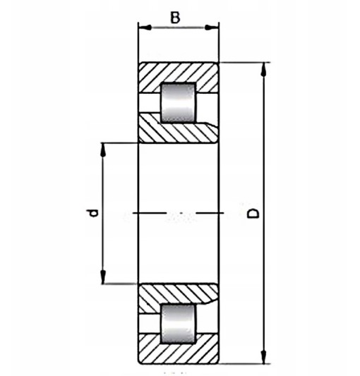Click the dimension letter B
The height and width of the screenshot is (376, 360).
click(x=175, y=18)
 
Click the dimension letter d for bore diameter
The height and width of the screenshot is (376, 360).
click(x=92, y=213)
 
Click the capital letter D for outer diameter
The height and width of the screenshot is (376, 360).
click(x=253, y=213)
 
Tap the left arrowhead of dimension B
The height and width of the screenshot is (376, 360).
click(x=145, y=28)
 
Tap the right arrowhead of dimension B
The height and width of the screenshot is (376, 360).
click(x=212, y=28)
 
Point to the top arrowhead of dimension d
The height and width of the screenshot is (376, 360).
click(x=103, y=150)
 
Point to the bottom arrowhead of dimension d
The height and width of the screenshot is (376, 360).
click(x=103, y=277)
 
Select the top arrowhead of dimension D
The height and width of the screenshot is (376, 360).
click(x=263, y=70)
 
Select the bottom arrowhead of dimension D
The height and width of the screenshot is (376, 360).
click(x=263, y=356)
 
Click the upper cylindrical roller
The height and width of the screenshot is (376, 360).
click(x=178, y=103)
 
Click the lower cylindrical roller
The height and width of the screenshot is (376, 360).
click(x=178, y=324)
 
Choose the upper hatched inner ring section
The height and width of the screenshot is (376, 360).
click(x=179, y=132)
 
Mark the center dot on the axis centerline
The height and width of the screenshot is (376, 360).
click(x=181, y=213)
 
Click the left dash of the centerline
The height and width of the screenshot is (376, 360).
click(x=150, y=213)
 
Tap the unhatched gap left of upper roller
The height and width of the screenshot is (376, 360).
click(x=150, y=102)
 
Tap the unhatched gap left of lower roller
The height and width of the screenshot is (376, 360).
click(x=150, y=324)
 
